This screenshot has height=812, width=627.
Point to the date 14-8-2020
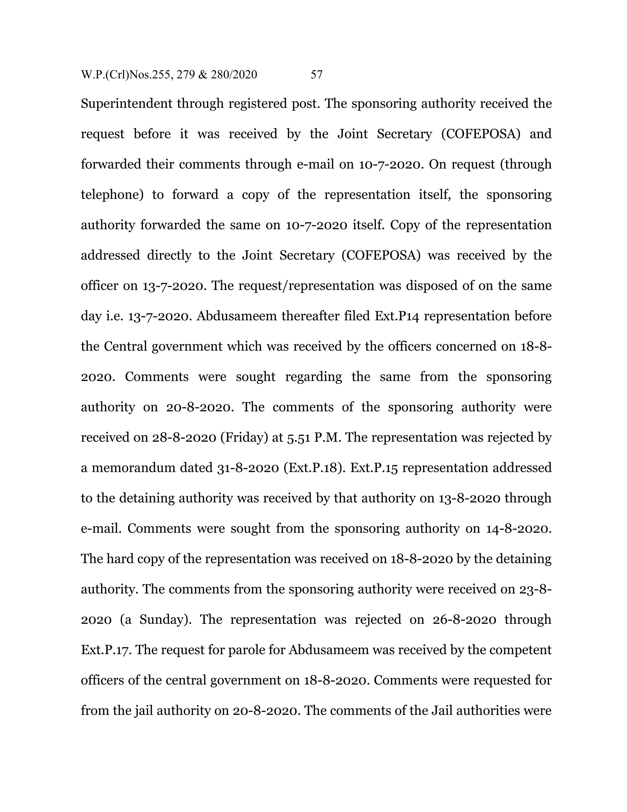tap(519, 528)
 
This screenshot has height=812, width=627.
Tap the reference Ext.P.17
tap(107, 650)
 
